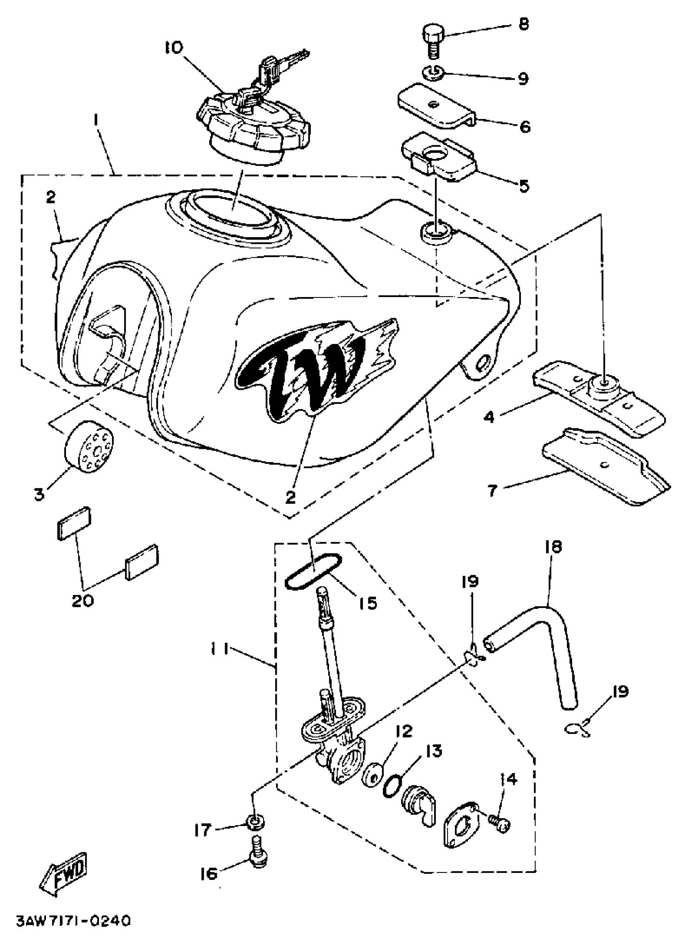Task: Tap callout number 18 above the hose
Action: (x=553, y=547)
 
